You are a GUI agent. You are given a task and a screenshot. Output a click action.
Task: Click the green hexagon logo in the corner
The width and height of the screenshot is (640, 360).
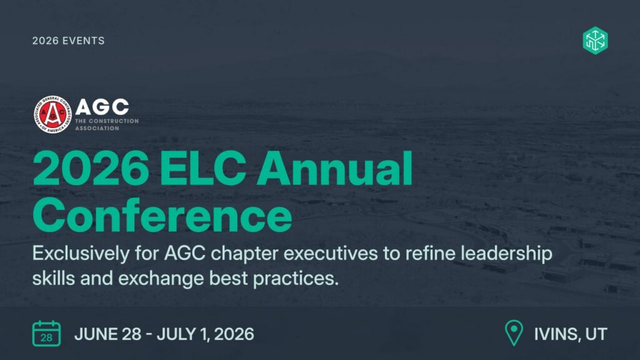595,41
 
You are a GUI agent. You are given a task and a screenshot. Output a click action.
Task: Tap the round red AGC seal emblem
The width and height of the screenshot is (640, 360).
52,114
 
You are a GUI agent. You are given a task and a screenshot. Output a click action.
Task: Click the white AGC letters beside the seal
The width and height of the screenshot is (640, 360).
102,107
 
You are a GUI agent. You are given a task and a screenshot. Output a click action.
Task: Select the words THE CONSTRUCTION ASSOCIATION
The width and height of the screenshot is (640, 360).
107,124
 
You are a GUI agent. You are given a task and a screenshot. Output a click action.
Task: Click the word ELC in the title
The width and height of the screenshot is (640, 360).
203,168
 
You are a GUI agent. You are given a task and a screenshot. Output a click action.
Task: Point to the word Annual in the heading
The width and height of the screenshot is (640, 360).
334,168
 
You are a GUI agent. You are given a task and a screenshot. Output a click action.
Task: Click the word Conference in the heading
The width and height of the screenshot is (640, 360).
162,216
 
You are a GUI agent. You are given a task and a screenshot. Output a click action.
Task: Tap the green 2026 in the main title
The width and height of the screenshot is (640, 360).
91,168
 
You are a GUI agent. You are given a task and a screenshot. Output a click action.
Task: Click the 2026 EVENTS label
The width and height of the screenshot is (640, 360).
69,41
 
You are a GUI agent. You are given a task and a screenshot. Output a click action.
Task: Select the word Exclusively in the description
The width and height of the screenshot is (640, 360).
81,254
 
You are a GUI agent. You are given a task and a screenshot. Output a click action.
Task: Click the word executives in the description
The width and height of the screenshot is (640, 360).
331,254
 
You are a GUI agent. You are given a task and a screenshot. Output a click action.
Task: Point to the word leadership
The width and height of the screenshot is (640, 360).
506,254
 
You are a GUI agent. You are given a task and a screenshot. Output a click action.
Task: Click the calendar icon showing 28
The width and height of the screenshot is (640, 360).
46,334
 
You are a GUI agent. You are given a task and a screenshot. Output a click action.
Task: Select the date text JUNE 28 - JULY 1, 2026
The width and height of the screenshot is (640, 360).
164,334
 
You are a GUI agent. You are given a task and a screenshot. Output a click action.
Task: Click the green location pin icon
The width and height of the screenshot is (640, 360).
514,332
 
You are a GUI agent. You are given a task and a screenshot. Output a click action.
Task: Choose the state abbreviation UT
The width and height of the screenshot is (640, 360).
596,334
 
